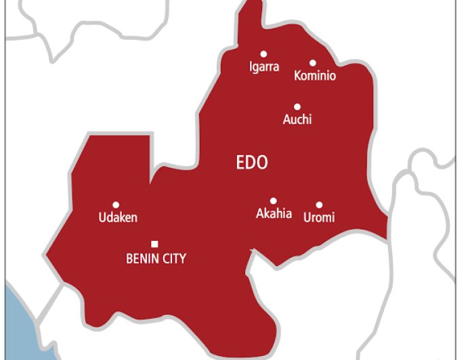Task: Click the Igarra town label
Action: tap(264, 68)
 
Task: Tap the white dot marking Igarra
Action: tap(264, 54)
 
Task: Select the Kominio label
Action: tap(315, 76)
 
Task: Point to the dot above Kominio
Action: tap(313, 63)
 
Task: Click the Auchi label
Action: tap(297, 120)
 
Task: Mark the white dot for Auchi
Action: tap(297, 106)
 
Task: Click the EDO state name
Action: tap(252, 162)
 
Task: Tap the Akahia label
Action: tap(274, 214)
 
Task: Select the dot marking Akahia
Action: tap(274, 200)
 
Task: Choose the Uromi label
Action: tap(319, 217)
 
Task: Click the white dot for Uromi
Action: tap(319, 204)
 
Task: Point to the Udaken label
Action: tap(118, 217)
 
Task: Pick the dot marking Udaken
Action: tap(116, 204)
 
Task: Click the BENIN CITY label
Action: tap(156, 258)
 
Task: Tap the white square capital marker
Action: tap(154, 244)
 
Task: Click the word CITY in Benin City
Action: tap(173, 258)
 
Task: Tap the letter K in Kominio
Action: tap(298, 76)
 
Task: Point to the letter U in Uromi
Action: tap(307, 217)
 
